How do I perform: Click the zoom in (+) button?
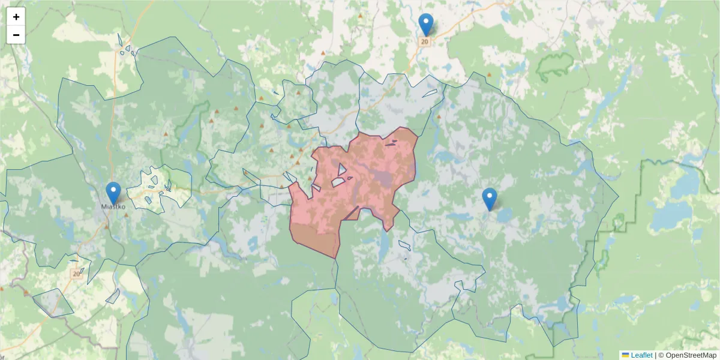pyautogui.click(x=16, y=17)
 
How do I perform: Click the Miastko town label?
pyautogui.click(x=113, y=207)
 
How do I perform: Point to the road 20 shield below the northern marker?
pyautogui.click(x=425, y=41)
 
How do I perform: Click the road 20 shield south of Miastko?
pyautogui.click(x=76, y=274)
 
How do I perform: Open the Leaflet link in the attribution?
pyautogui.click(x=641, y=355)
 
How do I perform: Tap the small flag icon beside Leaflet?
pyautogui.click(x=625, y=355)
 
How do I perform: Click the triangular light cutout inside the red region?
pyautogui.click(x=341, y=169)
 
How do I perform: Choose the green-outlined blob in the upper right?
pyautogui.click(x=555, y=67)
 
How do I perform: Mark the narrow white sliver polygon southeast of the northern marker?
pyautogui.click(x=430, y=93)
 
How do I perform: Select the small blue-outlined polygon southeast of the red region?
pyautogui.click(x=404, y=245)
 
